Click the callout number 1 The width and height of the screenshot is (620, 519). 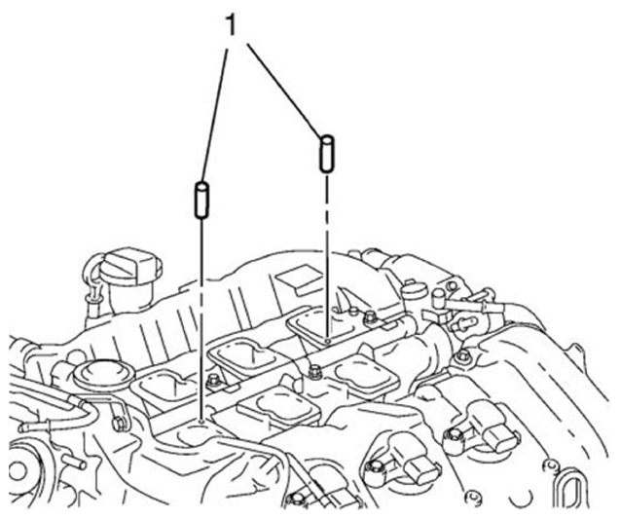pyautogui.click(x=231, y=25)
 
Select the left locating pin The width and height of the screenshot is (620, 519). pyautogui.click(x=201, y=200)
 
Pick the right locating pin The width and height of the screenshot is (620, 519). pyautogui.click(x=327, y=154)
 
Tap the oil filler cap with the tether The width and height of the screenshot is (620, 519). pyautogui.click(x=130, y=266)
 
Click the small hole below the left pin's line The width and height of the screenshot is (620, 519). pyautogui.click(x=201, y=422)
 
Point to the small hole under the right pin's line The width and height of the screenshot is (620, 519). pyautogui.click(x=327, y=340)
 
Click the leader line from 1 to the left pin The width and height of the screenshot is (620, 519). pyautogui.click(x=215, y=115)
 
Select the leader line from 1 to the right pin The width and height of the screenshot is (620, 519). pyautogui.click(x=283, y=90)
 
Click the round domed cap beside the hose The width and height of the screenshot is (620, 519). pyautogui.click(x=104, y=374)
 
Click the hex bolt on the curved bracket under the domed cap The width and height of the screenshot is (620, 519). pyautogui.click(x=119, y=424)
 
